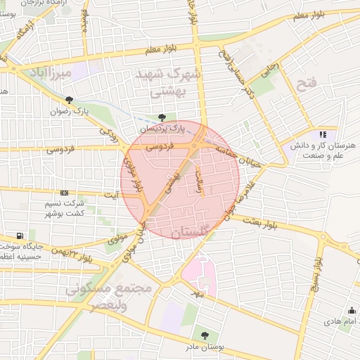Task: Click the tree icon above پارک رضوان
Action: [68, 100]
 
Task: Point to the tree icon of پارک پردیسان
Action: [163, 117]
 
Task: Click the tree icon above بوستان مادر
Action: [205, 335]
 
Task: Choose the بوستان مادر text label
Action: [205, 347]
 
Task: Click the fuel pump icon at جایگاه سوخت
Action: [19, 236]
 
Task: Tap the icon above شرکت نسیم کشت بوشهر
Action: [65, 193]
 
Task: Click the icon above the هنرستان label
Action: [323, 134]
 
